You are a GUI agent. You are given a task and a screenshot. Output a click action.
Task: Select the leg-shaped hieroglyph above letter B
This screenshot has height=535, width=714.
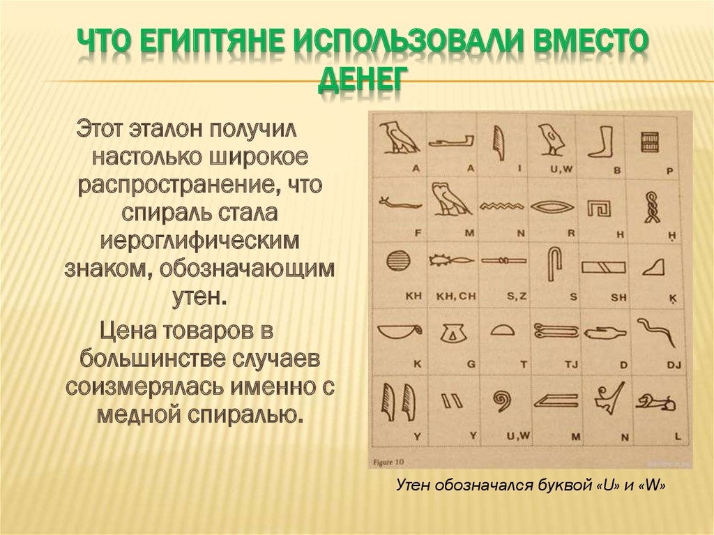[600, 140]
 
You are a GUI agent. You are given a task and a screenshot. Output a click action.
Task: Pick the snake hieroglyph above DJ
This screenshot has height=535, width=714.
[657, 331]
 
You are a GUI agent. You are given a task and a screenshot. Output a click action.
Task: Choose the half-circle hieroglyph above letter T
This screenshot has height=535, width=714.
[503, 329]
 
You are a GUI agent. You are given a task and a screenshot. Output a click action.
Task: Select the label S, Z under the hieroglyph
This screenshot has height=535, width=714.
[517, 296]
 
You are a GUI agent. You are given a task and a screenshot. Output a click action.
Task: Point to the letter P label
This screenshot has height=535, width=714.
[669, 170]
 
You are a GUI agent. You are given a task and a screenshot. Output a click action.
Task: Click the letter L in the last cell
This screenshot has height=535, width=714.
[677, 435]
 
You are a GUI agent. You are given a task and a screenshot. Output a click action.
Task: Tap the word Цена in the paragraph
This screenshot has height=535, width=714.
[126, 330]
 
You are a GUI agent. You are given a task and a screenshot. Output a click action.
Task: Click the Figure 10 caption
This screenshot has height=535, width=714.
[389, 460]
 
